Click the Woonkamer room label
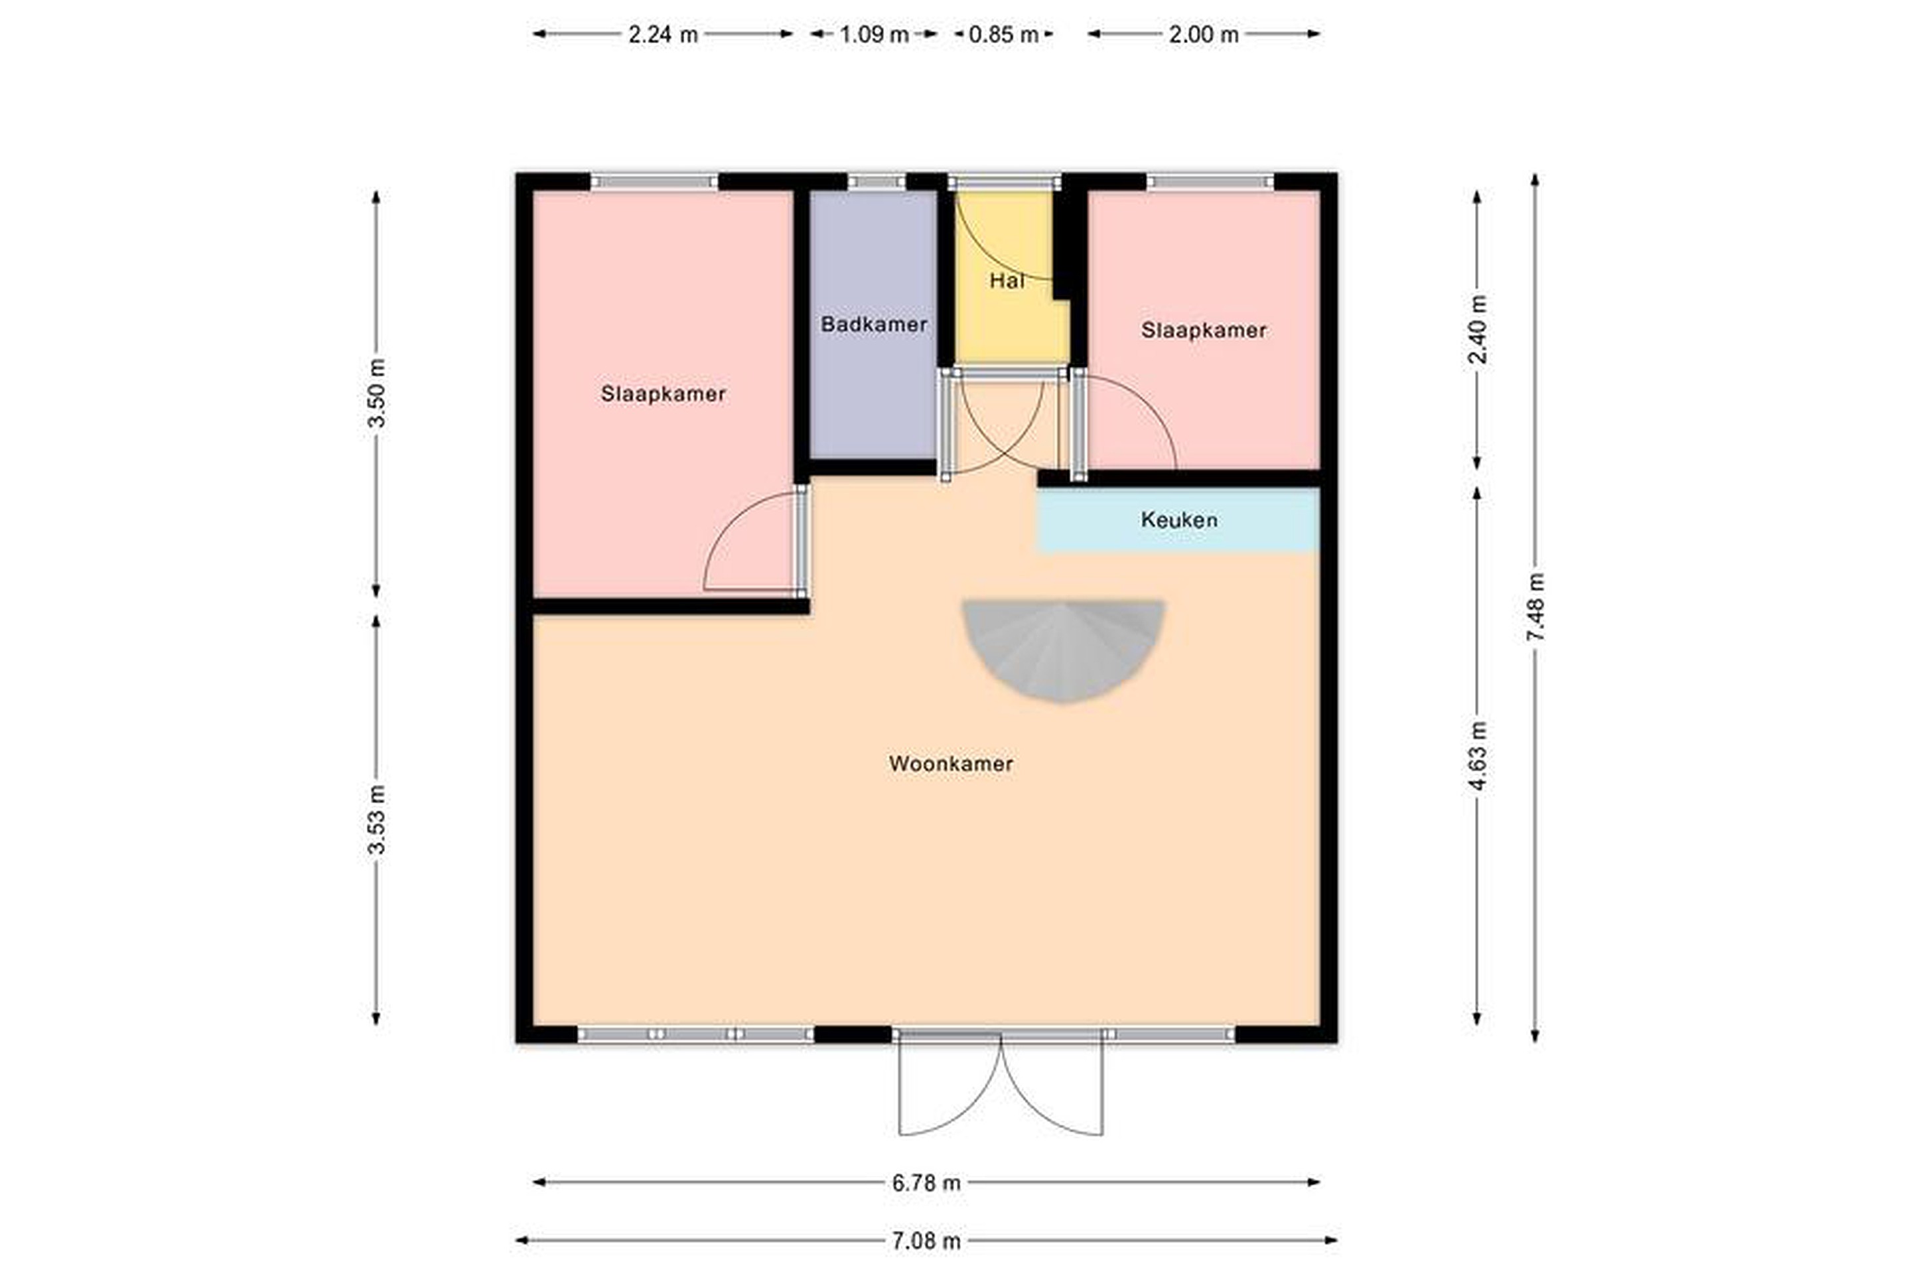(x=951, y=764)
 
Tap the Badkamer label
(x=875, y=324)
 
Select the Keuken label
(x=1179, y=520)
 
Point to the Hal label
(x=1007, y=281)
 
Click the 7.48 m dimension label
(x=1535, y=607)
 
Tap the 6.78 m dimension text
(x=926, y=1183)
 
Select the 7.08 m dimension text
(x=926, y=1241)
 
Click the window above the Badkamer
(x=877, y=182)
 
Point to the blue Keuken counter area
(x=1178, y=520)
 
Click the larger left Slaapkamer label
(x=663, y=394)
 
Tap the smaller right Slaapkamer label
(x=1203, y=330)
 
